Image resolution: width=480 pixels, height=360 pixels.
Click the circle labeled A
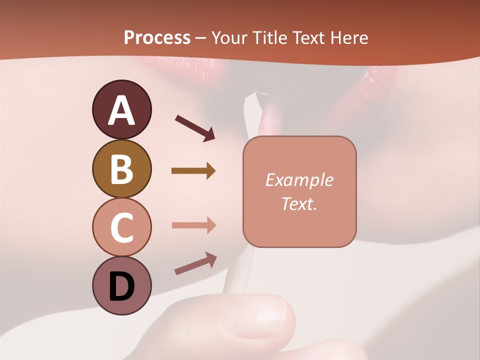(121, 109)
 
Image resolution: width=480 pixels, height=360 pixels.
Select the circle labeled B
(121, 168)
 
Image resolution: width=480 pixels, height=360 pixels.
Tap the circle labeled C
(121, 227)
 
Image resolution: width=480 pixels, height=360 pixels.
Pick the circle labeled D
(121, 285)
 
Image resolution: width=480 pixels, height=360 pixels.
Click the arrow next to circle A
(195, 127)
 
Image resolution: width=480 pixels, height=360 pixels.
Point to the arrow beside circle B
(193, 171)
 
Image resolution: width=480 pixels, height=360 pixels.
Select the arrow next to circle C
(193, 225)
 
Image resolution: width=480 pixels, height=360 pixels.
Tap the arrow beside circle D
(195, 263)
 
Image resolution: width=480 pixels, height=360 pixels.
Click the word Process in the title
(157, 37)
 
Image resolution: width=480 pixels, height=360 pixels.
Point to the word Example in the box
(299, 180)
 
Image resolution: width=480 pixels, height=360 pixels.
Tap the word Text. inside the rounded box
(299, 203)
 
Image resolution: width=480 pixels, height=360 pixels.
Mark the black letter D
(121, 286)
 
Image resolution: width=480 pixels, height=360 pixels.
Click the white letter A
(121, 110)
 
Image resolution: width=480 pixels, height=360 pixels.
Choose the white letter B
(121, 169)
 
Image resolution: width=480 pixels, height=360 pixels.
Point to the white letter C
(121, 227)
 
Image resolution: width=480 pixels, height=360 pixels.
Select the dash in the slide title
(200, 38)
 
